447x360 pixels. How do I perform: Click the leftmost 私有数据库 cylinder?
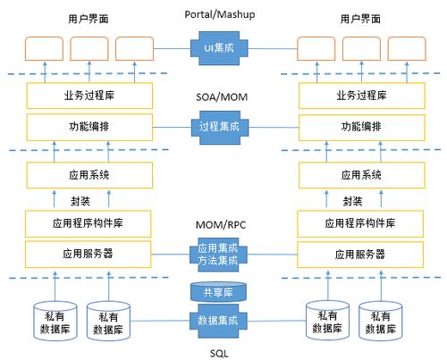[47, 321]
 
